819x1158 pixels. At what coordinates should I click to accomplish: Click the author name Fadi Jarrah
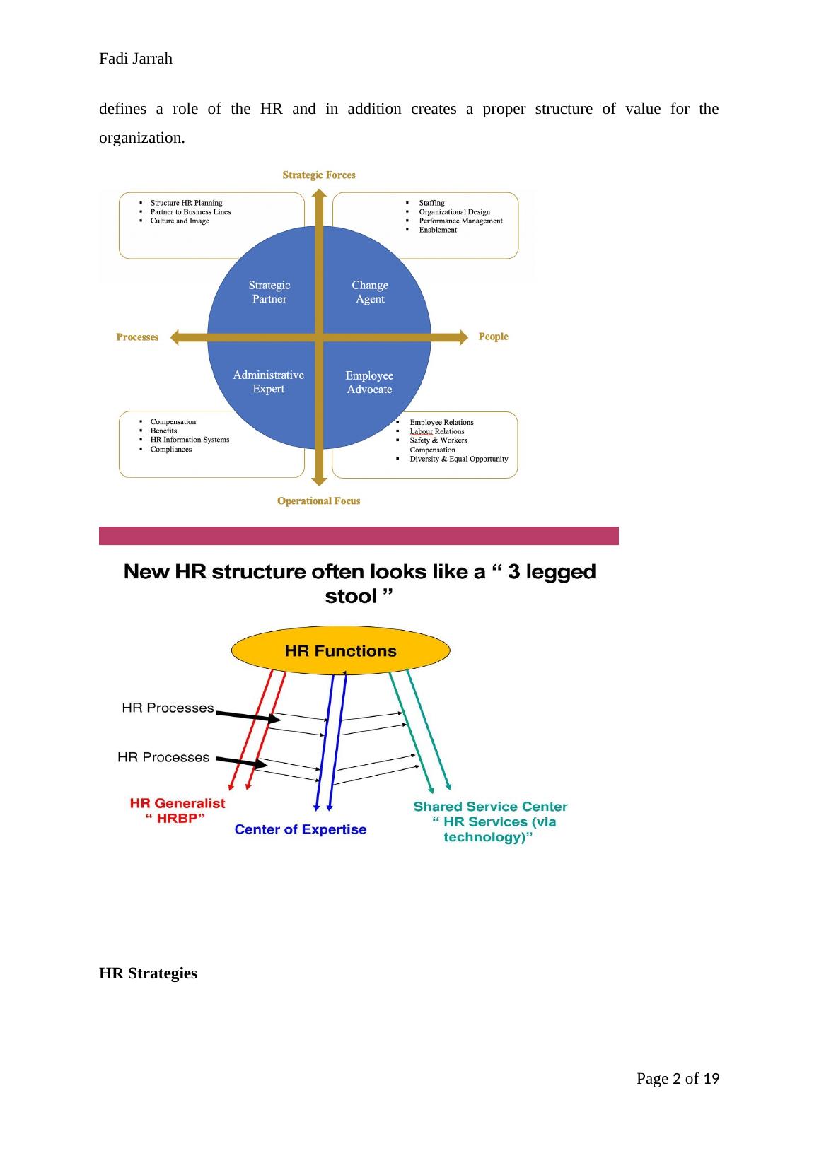136,59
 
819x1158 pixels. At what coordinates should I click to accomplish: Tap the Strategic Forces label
319,175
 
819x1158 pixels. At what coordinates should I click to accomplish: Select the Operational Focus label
318,501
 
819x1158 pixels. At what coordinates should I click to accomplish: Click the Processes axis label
137,337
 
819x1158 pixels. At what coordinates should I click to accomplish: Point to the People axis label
493,337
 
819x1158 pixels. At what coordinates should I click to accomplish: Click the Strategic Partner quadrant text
269,292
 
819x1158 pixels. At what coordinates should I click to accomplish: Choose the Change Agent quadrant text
370,292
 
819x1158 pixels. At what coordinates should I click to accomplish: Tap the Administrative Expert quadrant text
269,382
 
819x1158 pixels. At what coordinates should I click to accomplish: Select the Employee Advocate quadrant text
369,382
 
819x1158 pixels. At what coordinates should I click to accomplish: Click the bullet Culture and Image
180,221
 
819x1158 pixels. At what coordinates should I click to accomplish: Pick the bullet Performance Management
460,221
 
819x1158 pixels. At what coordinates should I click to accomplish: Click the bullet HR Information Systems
190,440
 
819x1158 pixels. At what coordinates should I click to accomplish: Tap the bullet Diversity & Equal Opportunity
459,459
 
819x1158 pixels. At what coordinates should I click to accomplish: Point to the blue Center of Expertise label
301,829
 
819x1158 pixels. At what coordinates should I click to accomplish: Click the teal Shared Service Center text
490,807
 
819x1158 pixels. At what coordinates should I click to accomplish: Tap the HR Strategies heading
148,973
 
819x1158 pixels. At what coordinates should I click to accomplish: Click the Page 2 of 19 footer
678,1079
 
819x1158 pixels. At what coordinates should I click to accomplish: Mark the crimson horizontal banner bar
359,536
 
